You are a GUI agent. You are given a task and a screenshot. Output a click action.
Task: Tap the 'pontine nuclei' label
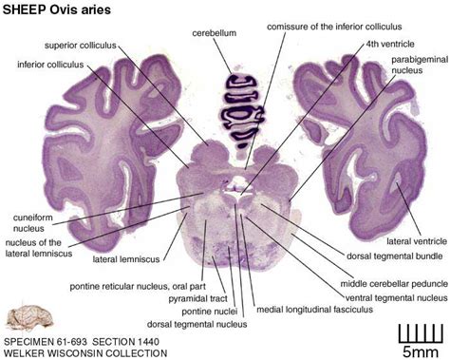pyautogui.click(x=211, y=310)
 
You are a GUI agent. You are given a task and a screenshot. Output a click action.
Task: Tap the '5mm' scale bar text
pyautogui.click(x=419, y=351)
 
